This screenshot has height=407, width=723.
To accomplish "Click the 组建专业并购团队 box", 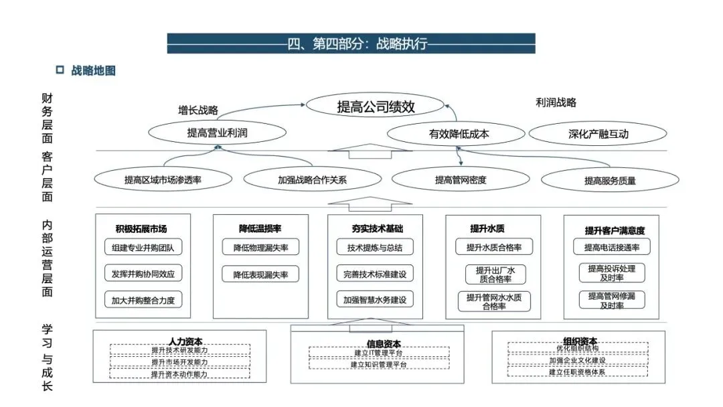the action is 143,247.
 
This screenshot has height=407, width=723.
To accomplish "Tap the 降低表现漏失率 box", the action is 260,274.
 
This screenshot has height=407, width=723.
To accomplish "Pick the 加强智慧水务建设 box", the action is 375,300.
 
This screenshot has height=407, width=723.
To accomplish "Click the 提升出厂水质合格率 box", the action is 495,274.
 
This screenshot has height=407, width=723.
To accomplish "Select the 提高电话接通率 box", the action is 612,247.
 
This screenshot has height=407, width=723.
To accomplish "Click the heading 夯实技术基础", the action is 377,229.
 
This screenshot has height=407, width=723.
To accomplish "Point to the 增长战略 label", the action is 198,110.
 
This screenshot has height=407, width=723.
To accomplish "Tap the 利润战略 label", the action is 556,102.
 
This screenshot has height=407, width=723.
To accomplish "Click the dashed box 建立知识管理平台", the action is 379,364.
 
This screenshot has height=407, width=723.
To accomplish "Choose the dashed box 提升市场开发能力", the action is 180,362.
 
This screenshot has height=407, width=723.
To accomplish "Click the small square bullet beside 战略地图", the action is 60,70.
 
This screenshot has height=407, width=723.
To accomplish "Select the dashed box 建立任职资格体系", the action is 577,372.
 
